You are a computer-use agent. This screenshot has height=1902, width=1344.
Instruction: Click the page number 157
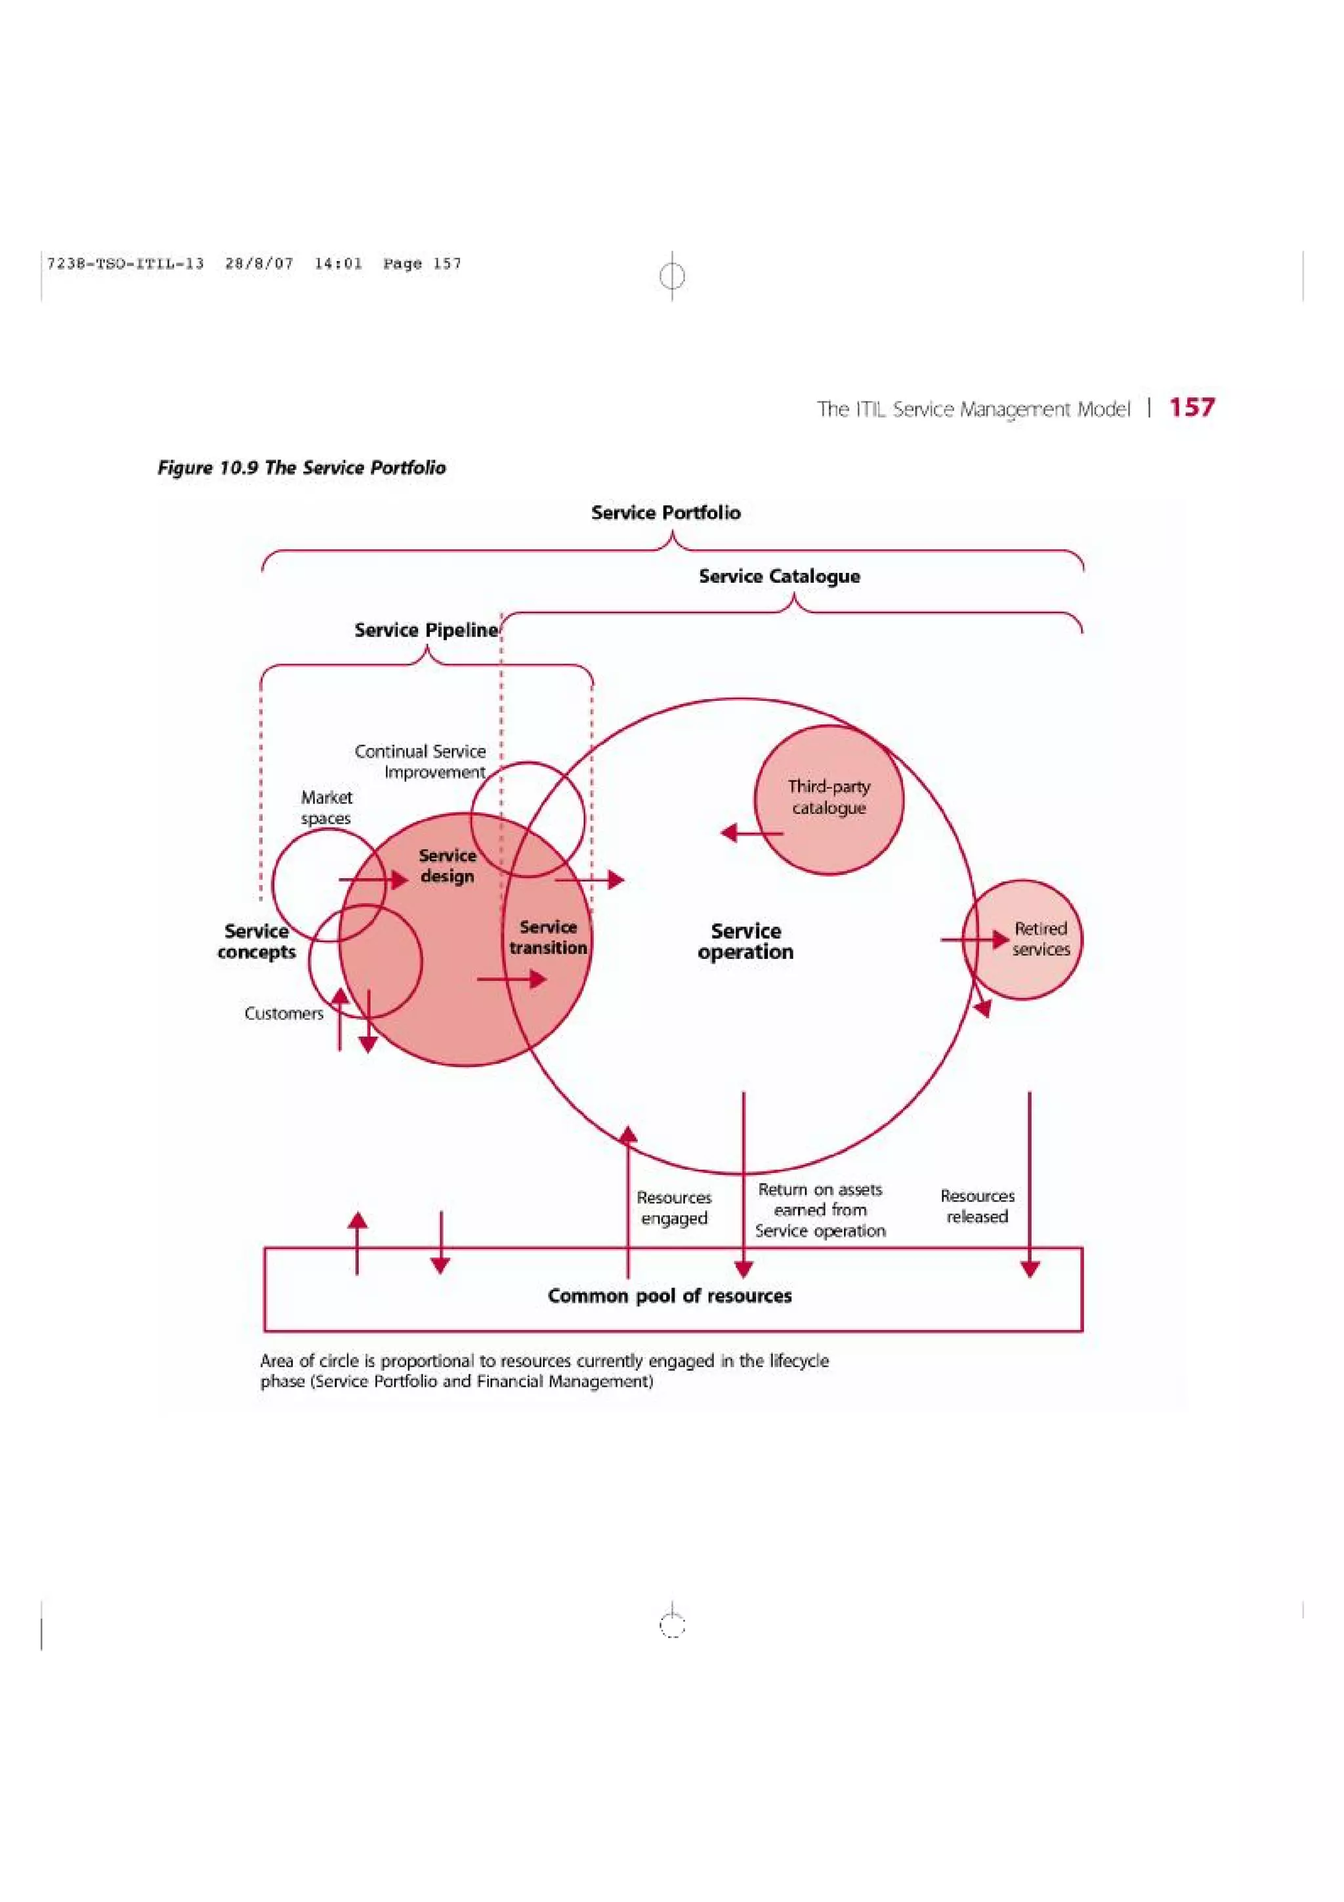coord(1191,408)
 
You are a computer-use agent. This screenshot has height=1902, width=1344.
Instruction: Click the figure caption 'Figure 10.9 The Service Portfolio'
coord(301,468)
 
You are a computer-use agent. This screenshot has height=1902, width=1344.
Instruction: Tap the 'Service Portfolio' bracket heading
coord(666,513)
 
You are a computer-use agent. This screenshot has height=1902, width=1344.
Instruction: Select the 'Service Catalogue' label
coord(779,576)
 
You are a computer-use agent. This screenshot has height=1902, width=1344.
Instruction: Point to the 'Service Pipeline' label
coord(426,631)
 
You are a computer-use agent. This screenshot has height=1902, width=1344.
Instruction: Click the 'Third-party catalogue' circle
coord(829,797)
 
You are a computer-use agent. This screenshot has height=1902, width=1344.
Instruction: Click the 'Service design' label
coord(447,866)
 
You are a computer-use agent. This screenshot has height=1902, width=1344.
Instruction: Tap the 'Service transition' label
coord(548,938)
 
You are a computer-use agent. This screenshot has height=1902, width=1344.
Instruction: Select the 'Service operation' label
coord(745,942)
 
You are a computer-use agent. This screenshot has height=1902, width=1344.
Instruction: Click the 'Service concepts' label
coord(257,942)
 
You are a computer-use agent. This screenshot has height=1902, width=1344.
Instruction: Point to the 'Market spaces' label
coord(326,808)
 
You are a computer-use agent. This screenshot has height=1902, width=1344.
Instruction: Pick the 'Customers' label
coord(284,1014)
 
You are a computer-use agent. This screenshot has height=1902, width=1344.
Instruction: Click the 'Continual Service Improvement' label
coord(421,761)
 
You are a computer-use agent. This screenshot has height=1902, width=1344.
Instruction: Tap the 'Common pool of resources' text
coord(669,1296)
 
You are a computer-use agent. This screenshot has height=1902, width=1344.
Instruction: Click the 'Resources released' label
coord(977,1206)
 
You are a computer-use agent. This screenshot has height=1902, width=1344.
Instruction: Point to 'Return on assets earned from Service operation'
coord(820,1210)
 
